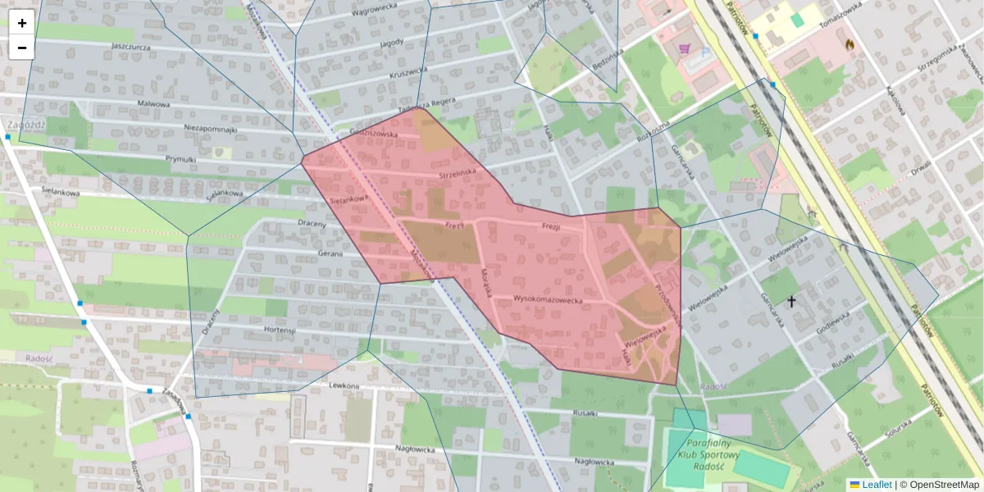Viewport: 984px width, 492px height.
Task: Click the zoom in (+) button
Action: pos(22,23)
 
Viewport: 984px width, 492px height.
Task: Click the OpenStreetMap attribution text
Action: pos(944,485)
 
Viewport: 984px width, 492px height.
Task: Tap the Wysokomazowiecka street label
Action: pos(548,300)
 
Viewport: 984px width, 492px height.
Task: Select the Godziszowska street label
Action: pos(373,133)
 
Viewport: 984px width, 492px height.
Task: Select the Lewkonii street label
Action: pos(344,385)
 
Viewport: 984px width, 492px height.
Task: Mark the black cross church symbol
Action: pos(791,302)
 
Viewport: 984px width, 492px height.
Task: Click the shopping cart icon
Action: pos(684,48)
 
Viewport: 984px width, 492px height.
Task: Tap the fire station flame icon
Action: pos(849,44)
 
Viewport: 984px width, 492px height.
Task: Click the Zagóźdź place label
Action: pos(25,125)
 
